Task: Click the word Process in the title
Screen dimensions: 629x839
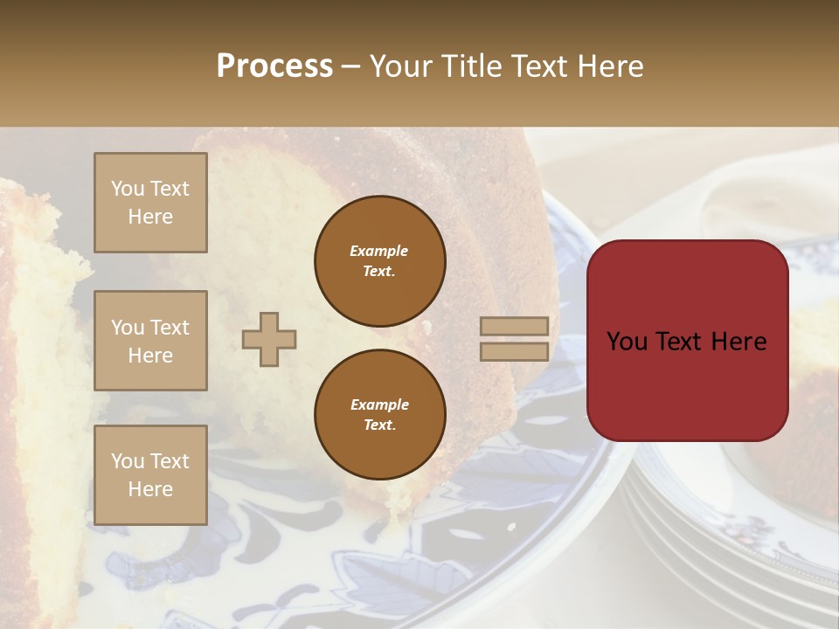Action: (274, 66)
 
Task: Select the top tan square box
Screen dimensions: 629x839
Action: (150, 203)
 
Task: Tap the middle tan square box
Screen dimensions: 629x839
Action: (150, 341)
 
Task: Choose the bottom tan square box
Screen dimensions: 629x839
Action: (150, 475)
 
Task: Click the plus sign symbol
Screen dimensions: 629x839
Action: (269, 339)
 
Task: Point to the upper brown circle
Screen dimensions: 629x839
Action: (379, 260)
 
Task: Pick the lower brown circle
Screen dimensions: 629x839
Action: (379, 414)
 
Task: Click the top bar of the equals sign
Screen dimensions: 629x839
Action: (514, 326)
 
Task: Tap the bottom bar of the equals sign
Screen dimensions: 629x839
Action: (514, 351)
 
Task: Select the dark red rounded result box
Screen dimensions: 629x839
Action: (687, 341)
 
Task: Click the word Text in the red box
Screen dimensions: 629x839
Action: (681, 342)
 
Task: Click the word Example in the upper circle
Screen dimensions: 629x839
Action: (379, 251)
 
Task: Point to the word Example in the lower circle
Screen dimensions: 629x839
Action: (379, 404)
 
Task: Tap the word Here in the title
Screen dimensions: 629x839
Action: (610, 66)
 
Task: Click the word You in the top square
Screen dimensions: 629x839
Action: (127, 189)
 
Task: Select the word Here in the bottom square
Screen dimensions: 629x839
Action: (150, 489)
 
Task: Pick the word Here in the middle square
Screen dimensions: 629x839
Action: (150, 356)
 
